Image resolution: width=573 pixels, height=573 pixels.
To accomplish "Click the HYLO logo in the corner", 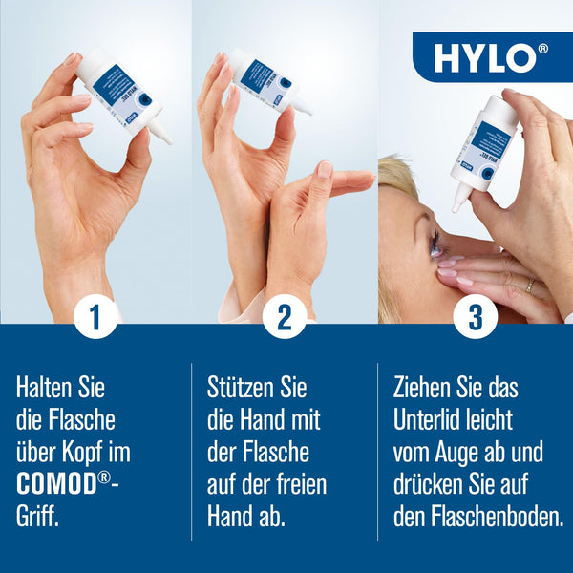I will [491, 57].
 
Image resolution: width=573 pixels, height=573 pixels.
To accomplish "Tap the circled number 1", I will [95, 318].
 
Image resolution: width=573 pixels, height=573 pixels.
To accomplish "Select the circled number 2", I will [284, 318].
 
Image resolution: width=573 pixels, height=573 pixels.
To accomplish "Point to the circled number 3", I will [475, 318].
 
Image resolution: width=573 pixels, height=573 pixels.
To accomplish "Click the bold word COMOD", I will [55, 484].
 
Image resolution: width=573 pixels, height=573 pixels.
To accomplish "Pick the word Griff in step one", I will [37, 517].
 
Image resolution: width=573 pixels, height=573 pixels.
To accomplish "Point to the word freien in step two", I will [295, 484].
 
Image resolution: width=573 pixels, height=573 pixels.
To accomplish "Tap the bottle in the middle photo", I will [265, 82].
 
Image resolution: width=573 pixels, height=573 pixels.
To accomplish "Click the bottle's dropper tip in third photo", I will [459, 202].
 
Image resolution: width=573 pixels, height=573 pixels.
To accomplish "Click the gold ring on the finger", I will [531, 285].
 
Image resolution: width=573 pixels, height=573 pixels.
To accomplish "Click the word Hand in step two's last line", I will [227, 517].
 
